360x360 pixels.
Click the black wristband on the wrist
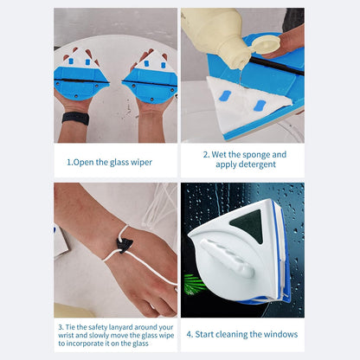click(75, 118)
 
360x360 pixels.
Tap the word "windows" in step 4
click(279, 334)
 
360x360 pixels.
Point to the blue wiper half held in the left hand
click(82, 82)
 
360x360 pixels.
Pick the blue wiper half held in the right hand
click(150, 82)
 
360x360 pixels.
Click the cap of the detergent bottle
click(269, 43)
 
